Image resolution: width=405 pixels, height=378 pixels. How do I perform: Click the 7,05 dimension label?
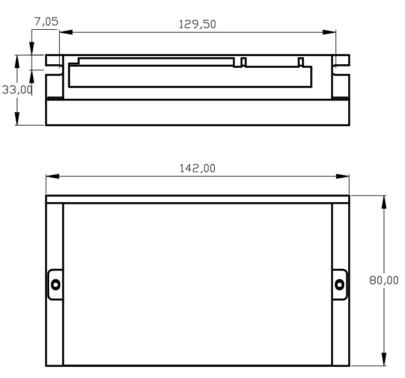[46, 22]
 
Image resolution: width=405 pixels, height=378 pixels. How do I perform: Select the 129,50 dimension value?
[197, 24]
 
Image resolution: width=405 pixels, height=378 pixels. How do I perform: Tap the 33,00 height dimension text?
[18, 90]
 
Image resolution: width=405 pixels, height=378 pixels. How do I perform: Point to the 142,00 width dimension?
[197, 168]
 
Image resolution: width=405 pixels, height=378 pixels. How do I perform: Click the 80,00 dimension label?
[384, 280]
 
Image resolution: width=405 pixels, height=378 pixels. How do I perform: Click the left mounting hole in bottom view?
[56, 285]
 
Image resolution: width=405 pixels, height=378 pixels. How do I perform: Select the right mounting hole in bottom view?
[339, 285]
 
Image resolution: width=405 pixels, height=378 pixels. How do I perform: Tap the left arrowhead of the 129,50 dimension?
[66, 32]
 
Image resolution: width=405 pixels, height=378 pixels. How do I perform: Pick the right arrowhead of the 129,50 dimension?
[330, 32]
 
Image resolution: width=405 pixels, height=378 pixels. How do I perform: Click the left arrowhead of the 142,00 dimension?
[53, 176]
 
